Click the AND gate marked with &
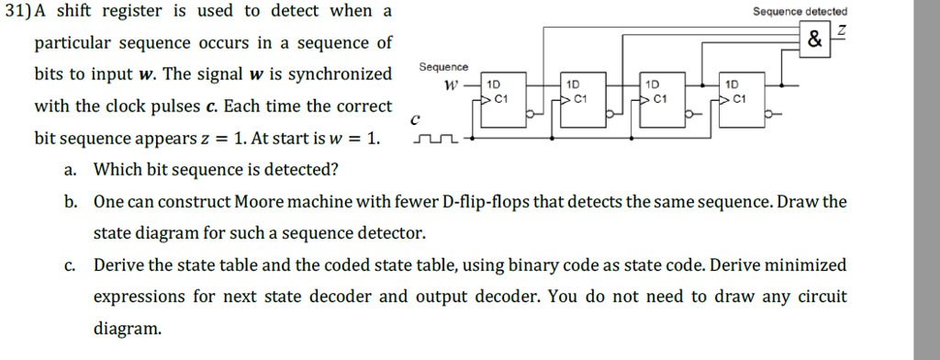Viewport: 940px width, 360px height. tap(814, 40)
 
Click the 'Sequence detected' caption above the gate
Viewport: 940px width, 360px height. tap(800, 11)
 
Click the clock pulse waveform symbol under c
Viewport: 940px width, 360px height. tap(436, 141)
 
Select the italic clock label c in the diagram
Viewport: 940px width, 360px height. tap(416, 118)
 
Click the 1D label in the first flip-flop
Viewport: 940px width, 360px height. tap(493, 84)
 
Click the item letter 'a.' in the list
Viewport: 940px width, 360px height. tap(71, 169)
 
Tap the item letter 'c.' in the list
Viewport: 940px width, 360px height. tap(71, 265)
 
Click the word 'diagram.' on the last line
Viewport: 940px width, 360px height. tap(128, 328)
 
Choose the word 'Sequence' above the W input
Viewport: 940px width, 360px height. tap(443, 68)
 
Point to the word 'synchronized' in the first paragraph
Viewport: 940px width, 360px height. tap(338, 73)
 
